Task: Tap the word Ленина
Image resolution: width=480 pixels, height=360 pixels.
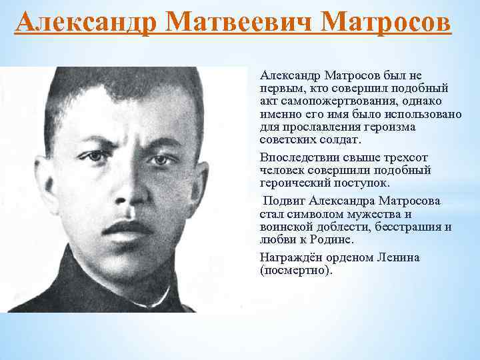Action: pos(397,257)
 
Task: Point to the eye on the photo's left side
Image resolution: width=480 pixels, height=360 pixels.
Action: pos(96,157)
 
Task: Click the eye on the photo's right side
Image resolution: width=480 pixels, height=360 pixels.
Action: pos(161,160)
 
